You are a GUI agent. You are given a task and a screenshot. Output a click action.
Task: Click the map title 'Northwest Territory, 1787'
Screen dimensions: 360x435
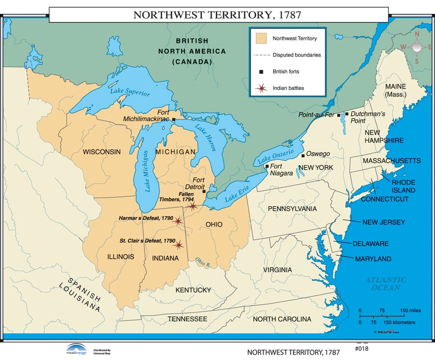(217, 14)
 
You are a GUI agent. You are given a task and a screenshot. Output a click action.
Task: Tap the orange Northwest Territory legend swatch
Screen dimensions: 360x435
(261, 38)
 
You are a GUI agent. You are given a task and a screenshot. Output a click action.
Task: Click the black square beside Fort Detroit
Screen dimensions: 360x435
(204, 191)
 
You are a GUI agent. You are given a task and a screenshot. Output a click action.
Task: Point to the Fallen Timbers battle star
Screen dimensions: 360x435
(192, 206)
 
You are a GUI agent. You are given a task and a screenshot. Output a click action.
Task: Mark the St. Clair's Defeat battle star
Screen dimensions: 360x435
(178, 245)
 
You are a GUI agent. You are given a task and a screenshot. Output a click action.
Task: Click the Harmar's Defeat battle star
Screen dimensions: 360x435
(178, 221)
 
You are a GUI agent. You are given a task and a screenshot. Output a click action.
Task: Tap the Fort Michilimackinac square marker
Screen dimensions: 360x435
(174, 119)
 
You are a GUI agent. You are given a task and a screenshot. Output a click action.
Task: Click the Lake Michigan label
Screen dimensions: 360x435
(147, 171)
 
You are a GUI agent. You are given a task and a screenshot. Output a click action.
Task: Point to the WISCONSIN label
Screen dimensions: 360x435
(102, 151)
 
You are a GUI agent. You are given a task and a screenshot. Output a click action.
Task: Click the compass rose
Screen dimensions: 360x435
(417, 47)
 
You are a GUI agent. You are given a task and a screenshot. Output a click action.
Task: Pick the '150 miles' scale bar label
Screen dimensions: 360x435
(410, 310)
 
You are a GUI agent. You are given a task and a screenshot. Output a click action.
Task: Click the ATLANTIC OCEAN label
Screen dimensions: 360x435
(385, 284)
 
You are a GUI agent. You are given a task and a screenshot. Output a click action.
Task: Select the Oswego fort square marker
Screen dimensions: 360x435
(303, 155)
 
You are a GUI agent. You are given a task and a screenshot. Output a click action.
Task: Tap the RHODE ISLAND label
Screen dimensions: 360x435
(403, 186)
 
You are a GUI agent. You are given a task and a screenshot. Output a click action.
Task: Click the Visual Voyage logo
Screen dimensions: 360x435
(77, 349)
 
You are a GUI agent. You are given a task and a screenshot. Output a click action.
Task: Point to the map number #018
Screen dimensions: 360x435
(361, 349)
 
